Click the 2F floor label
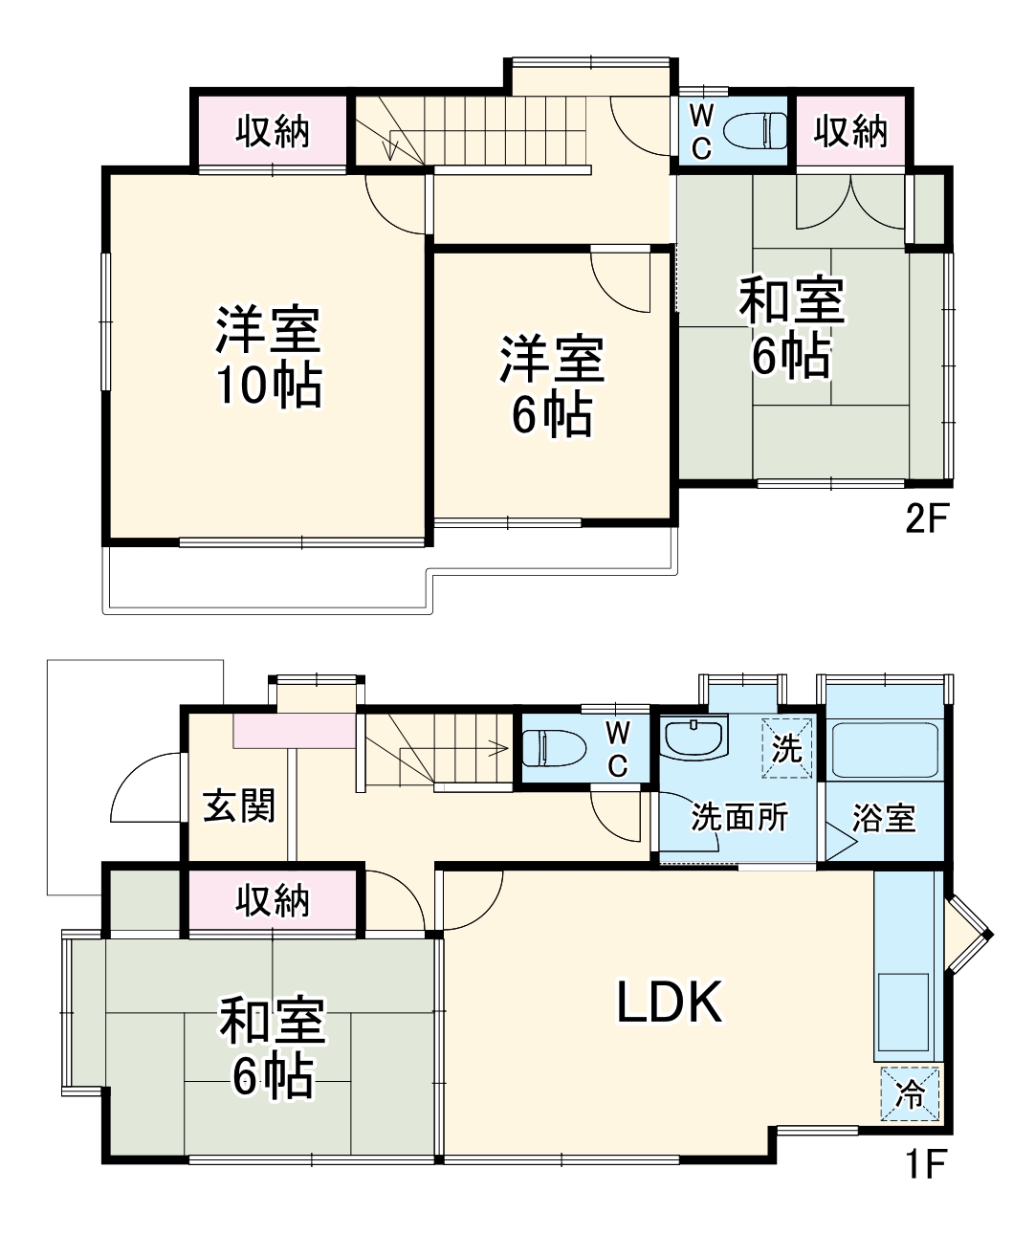pyautogui.click(x=925, y=518)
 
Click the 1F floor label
pyautogui.click(x=925, y=1164)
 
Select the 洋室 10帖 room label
pyautogui.click(x=268, y=357)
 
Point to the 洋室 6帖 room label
pyautogui.click(x=552, y=386)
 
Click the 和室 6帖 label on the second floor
pyautogui.click(x=791, y=328)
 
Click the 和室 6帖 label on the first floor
pyautogui.click(x=273, y=1048)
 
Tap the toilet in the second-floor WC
pyautogui.click(x=756, y=131)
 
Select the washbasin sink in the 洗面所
pyautogui.click(x=694, y=739)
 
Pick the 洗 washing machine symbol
pyautogui.click(x=786, y=747)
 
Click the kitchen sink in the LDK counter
pyautogui.click(x=903, y=1012)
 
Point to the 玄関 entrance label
pyautogui.click(x=239, y=805)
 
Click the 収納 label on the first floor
pyautogui.click(x=273, y=900)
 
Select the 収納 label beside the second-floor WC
pyautogui.click(x=850, y=131)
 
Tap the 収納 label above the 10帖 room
pyautogui.click(x=273, y=131)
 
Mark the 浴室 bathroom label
pyautogui.click(x=884, y=818)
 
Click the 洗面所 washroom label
pyautogui.click(x=739, y=817)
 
